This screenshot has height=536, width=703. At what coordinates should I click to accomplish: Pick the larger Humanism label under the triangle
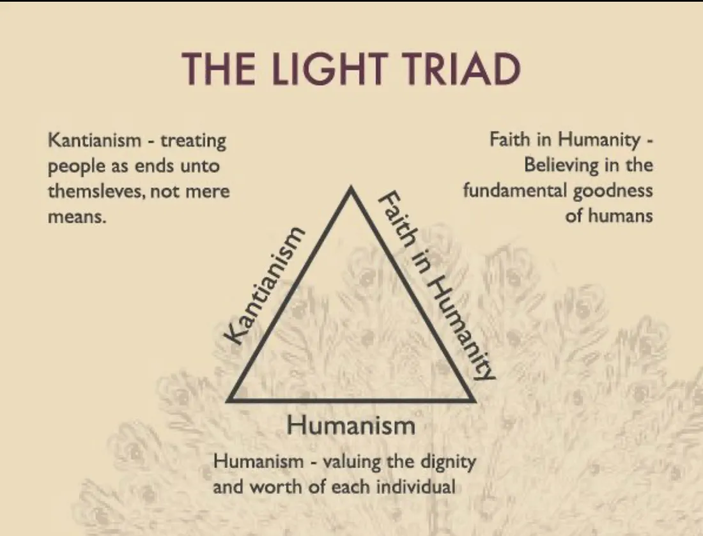[351, 425]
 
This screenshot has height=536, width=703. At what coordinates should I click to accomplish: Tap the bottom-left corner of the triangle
[229, 400]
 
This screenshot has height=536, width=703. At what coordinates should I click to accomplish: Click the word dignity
[447, 463]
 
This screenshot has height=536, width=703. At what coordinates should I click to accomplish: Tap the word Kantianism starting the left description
[94, 141]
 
